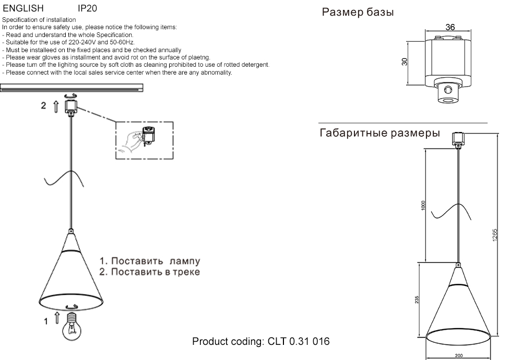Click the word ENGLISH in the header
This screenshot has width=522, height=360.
click(x=23, y=9)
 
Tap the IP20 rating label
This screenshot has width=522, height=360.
click(x=87, y=9)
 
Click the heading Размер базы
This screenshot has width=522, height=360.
click(x=358, y=13)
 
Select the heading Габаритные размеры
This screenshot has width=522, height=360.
click(x=379, y=134)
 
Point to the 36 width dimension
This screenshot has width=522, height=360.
click(x=450, y=27)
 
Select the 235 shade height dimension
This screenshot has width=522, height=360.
click(x=416, y=300)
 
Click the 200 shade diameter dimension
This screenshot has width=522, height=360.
click(x=458, y=356)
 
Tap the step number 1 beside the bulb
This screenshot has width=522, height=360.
click(x=46, y=321)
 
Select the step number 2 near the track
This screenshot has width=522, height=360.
click(x=44, y=105)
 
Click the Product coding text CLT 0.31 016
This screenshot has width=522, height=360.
click(x=261, y=342)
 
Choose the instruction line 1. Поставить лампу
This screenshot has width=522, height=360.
click(x=150, y=261)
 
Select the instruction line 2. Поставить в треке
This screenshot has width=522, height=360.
click(x=150, y=272)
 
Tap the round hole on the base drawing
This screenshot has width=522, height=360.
click(x=448, y=91)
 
